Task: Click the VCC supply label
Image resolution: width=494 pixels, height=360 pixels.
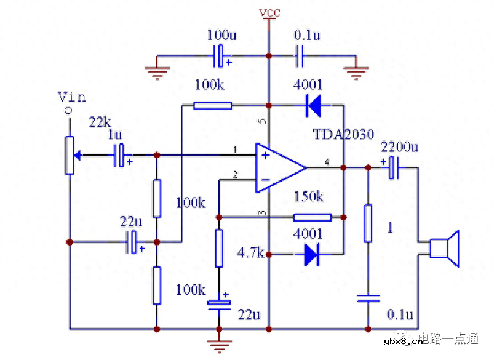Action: [269, 13]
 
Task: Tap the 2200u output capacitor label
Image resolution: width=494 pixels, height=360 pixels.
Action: [399, 147]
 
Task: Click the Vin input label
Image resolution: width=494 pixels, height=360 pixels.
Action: [71, 97]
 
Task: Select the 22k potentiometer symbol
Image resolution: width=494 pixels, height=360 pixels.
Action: [70, 154]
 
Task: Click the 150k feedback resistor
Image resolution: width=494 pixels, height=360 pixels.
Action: [312, 217]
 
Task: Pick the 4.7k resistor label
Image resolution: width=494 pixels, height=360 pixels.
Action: [250, 253]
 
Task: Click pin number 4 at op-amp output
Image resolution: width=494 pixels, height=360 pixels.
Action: [327, 162]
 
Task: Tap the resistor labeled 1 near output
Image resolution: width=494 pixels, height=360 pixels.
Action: [368, 223]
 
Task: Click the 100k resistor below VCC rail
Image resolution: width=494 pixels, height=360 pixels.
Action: [212, 106]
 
